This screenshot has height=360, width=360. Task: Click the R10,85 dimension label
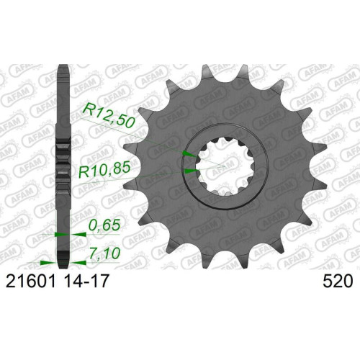(x=104, y=171)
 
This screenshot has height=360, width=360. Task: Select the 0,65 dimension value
(x=104, y=225)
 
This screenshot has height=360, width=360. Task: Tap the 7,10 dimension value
(x=104, y=253)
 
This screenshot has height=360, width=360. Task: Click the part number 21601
(x=30, y=282)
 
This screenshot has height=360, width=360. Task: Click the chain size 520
(x=338, y=282)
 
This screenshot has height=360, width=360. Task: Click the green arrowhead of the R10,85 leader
(x=191, y=171)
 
